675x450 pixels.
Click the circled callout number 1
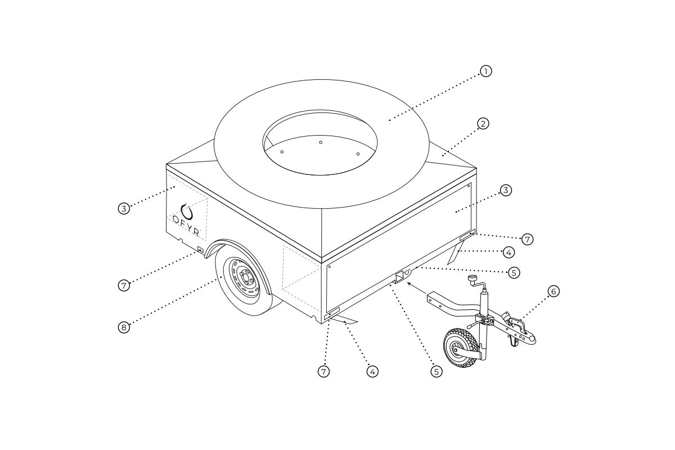click(x=486, y=71)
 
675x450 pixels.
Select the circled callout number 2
click(x=483, y=124)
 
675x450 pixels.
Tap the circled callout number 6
click(x=553, y=291)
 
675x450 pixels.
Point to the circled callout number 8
click(x=124, y=327)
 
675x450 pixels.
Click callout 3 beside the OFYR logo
click(x=124, y=209)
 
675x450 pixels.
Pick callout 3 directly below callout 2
click(x=506, y=191)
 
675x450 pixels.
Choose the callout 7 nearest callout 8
click(x=124, y=285)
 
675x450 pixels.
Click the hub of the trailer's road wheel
click(x=244, y=277)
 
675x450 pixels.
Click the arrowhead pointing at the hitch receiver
click(x=408, y=285)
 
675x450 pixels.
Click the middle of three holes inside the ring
click(x=321, y=142)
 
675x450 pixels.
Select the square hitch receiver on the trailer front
click(x=400, y=277)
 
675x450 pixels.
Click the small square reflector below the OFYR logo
click(x=200, y=249)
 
